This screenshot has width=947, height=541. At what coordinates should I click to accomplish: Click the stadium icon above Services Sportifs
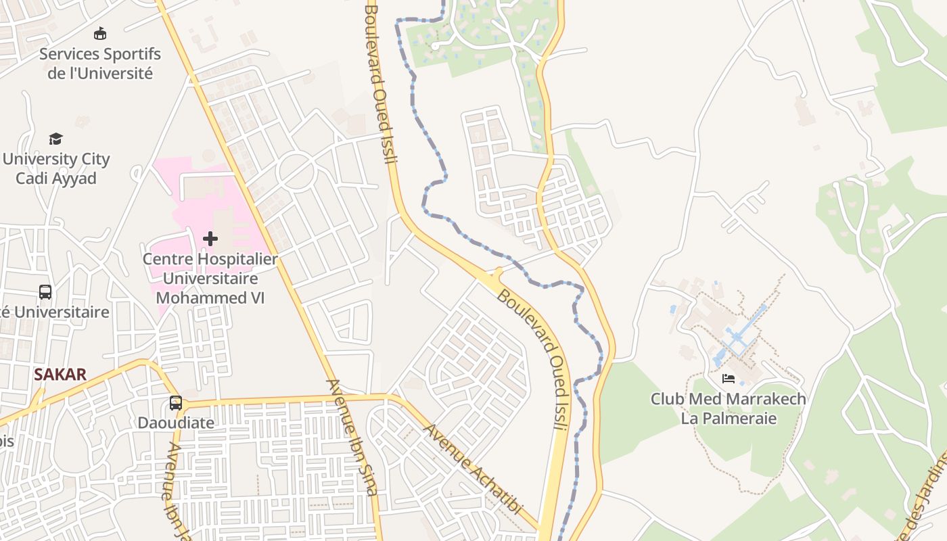[x=100, y=32]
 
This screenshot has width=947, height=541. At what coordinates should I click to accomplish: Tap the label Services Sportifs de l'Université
[x=100, y=64]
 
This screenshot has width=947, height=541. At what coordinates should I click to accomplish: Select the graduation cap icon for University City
[x=55, y=139]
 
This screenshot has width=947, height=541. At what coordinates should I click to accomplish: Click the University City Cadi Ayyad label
[x=56, y=168]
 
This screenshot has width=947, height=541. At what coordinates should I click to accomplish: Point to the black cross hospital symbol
[x=210, y=238]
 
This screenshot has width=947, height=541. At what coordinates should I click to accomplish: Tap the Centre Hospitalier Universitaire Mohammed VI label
[x=210, y=278]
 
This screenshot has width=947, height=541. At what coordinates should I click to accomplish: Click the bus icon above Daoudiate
[x=176, y=403]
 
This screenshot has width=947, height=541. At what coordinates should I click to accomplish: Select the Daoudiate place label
[x=176, y=423]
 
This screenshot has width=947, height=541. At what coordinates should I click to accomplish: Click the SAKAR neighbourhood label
[x=60, y=375]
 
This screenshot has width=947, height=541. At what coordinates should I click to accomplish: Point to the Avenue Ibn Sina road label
[x=352, y=436]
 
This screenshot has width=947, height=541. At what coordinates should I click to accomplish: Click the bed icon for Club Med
[x=729, y=379]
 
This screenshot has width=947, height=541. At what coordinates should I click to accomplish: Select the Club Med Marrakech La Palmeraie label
[x=729, y=408]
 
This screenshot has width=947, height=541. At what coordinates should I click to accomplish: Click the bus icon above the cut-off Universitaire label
[x=45, y=292]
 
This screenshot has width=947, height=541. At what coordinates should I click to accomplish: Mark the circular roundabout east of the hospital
[x=296, y=170]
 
